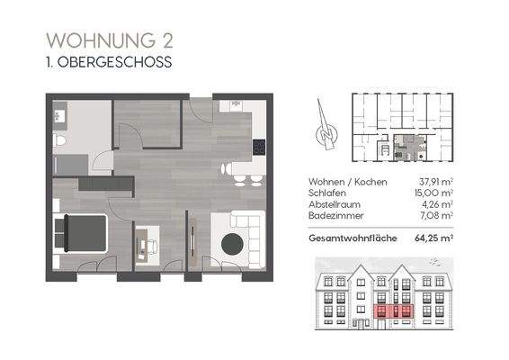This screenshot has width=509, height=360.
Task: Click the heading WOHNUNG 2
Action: [110, 40]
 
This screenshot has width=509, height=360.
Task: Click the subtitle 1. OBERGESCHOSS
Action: [108, 64]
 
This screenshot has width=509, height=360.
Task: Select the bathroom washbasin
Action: [61, 114]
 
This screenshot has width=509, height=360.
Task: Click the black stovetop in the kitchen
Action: [259, 147]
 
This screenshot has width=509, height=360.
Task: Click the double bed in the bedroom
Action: [81, 232]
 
